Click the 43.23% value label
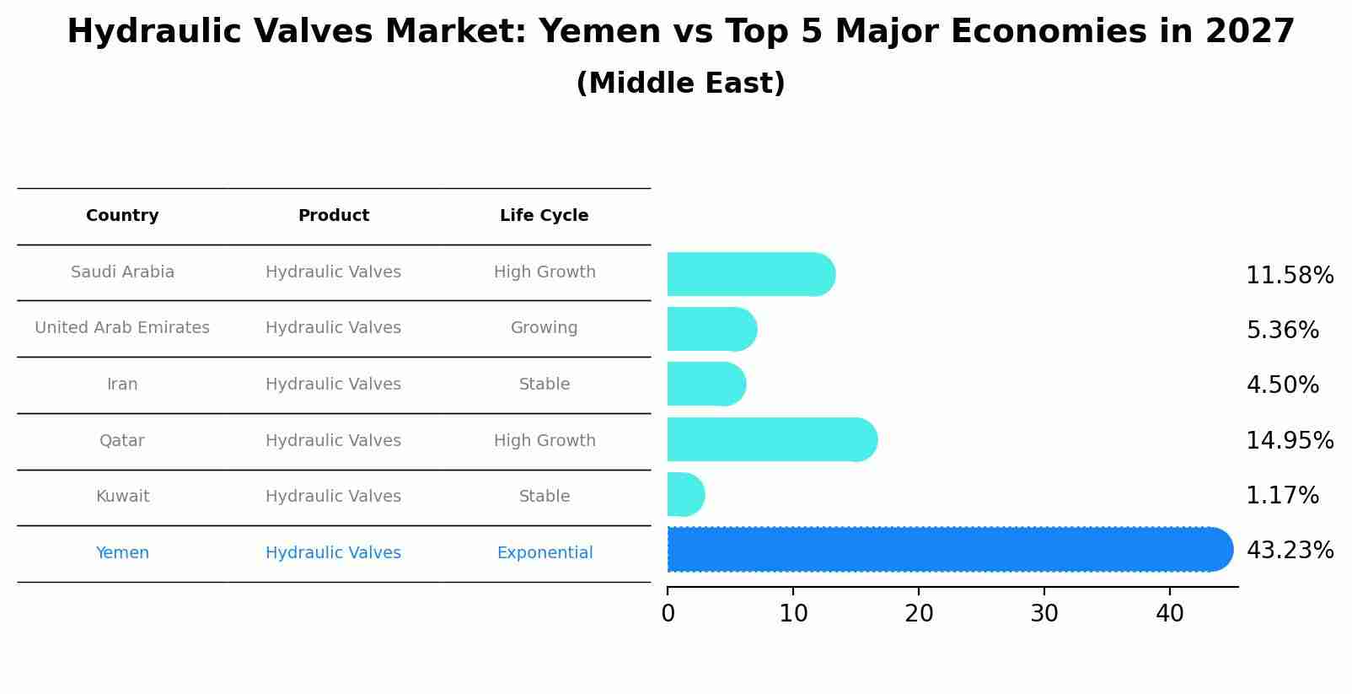(1289, 551)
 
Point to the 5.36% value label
(1282, 331)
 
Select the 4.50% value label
(1282, 385)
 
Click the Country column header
(122, 216)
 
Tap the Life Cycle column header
(544, 216)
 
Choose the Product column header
(333, 216)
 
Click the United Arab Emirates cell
(122, 328)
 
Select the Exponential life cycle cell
(545, 553)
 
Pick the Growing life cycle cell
(544, 328)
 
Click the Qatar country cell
(122, 441)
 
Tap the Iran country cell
(122, 385)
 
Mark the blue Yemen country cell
(122, 553)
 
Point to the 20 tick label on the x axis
(919, 614)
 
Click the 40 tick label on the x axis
(1170, 614)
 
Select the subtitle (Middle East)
(680, 83)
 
